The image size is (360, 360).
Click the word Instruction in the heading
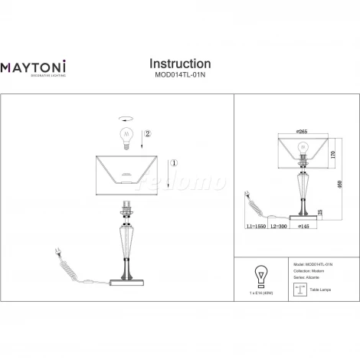click(x=179, y=64)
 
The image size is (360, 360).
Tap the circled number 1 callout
click(x=174, y=162)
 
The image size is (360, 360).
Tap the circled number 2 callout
click(x=148, y=135)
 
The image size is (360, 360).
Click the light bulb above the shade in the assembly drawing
click(x=126, y=138)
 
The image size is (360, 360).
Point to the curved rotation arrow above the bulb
click(x=126, y=119)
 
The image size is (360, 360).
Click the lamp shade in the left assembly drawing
click(x=126, y=171)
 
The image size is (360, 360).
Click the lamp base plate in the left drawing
click(x=126, y=279)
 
